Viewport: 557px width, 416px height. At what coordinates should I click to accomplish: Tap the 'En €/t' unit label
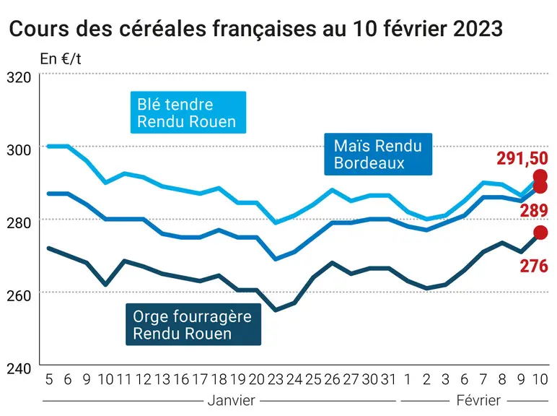pyautogui.click(x=61, y=59)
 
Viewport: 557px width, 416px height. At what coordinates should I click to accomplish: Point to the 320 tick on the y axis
pyautogui.click(x=19, y=77)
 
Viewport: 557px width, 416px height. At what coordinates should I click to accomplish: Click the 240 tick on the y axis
pyautogui.click(x=19, y=368)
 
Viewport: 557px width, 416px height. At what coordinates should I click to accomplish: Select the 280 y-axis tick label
pyautogui.click(x=19, y=223)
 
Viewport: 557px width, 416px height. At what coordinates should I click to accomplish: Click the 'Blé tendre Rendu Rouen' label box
pyautogui.click(x=188, y=113)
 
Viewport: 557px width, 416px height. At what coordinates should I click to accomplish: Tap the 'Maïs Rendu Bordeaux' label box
pyautogui.click(x=378, y=155)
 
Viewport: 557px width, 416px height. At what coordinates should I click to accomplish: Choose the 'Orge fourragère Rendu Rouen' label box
pyautogui.click(x=193, y=324)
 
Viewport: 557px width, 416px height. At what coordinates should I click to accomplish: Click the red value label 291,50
pyautogui.click(x=522, y=158)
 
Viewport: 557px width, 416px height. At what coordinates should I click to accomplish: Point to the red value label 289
pyautogui.click(x=534, y=210)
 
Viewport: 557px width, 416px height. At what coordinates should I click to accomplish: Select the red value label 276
pyautogui.click(x=534, y=266)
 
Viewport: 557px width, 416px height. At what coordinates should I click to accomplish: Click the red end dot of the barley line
pyautogui.click(x=540, y=233)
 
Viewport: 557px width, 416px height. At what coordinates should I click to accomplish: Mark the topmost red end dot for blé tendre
pyautogui.click(x=540, y=176)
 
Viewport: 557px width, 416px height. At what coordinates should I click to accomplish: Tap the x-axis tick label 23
pyautogui.click(x=276, y=380)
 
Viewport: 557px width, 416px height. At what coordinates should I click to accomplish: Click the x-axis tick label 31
pyautogui.click(x=388, y=380)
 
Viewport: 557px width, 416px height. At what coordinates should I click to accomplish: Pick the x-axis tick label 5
pyautogui.click(x=49, y=380)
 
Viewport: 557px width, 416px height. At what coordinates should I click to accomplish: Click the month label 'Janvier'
pyautogui.click(x=232, y=401)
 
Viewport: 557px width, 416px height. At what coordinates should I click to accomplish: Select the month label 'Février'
pyautogui.click(x=478, y=401)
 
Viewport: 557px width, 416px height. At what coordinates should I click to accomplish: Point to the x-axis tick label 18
pyautogui.click(x=219, y=380)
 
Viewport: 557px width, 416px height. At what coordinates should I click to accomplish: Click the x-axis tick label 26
pyautogui.click(x=332, y=380)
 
